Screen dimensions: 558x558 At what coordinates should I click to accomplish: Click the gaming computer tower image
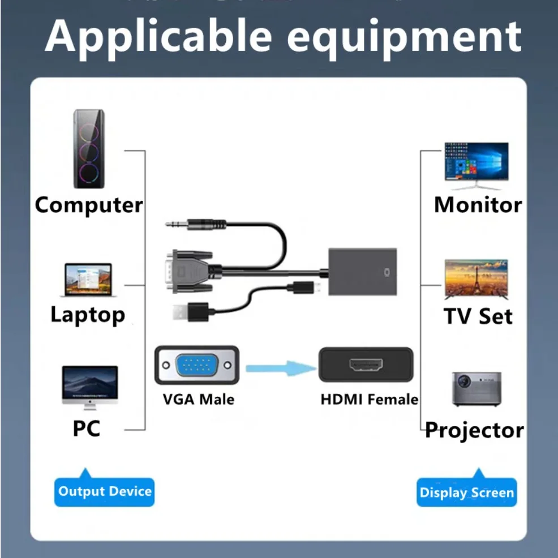click(89, 149)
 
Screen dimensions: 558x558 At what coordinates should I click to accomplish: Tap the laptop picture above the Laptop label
click(88, 280)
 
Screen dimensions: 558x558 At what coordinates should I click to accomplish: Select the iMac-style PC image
click(89, 387)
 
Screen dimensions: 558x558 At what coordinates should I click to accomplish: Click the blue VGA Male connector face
click(196, 366)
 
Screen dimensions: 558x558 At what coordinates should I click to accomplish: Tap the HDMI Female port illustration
click(365, 365)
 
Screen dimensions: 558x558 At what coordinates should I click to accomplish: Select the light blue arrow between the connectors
click(281, 368)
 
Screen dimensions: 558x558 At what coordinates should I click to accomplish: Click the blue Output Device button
click(105, 491)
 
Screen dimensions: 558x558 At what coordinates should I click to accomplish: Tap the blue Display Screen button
click(467, 492)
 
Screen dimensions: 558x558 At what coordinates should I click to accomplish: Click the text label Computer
click(89, 204)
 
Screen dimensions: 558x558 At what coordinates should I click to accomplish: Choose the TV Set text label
click(478, 316)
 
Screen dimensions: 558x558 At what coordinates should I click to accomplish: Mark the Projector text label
click(474, 430)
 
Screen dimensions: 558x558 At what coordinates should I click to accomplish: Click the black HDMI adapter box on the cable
click(363, 272)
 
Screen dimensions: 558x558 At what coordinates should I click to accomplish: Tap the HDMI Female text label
click(369, 399)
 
